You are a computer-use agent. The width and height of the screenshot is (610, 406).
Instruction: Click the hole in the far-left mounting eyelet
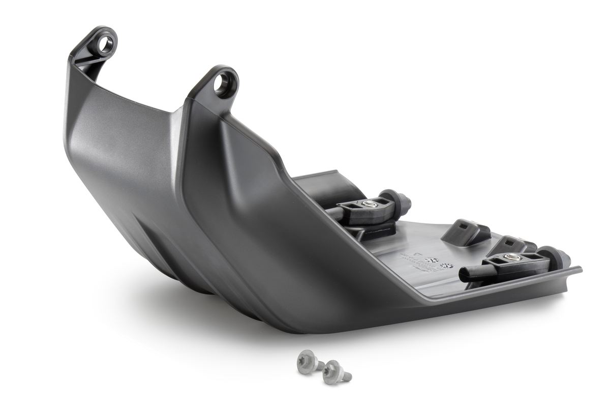(x=106, y=45)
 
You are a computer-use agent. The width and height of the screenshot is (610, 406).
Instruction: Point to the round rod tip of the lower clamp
(x=464, y=275)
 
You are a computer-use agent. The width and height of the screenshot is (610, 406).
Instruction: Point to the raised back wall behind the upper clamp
(x=325, y=184)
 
